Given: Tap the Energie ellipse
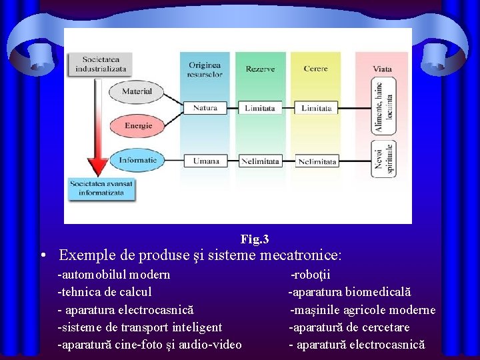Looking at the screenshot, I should coord(137,125).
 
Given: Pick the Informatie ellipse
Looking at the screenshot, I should coord(138,160).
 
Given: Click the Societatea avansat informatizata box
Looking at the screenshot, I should coord(101,188).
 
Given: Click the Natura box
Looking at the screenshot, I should coord(205,108).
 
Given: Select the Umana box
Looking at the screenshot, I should coord(205,161).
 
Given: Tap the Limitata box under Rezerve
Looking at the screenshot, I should coord(260,108).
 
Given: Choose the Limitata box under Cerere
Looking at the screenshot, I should coord(316,108).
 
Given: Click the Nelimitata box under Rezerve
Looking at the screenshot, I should coord(260,161).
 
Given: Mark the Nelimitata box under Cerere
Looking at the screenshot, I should coord(317,161).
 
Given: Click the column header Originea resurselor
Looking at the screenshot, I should coord(205,69).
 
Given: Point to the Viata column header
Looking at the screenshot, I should coord(382,69).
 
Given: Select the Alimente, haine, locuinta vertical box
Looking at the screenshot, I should coord(383,107).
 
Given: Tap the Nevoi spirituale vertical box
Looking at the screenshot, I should coord(383,159).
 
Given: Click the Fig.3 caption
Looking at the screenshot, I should coord(255,239).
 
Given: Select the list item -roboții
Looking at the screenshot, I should coord(311,275).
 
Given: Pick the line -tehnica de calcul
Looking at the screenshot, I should coord(105,292).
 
